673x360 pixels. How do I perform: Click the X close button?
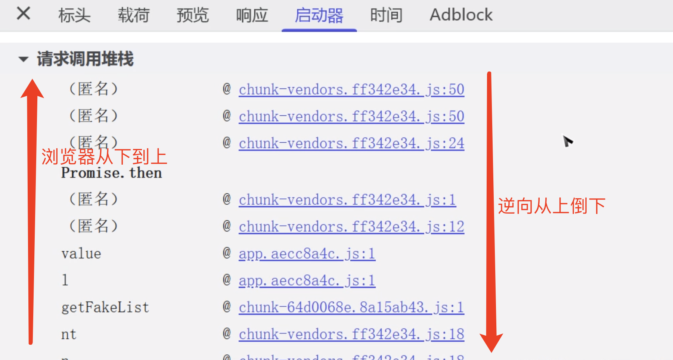click(x=23, y=14)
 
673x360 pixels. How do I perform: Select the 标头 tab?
click(x=74, y=15)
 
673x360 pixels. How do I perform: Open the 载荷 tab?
click(x=133, y=15)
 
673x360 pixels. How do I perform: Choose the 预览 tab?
click(x=192, y=15)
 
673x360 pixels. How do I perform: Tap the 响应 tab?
click(x=252, y=15)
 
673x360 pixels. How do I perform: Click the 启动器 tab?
click(x=319, y=15)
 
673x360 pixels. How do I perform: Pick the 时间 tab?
click(x=386, y=15)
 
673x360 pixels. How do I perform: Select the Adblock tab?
click(x=461, y=15)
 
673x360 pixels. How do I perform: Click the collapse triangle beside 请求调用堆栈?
click(x=24, y=59)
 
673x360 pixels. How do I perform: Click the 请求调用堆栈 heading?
click(x=85, y=59)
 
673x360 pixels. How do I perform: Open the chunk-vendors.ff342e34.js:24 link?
click(x=351, y=143)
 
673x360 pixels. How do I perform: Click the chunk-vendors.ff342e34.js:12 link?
click(x=351, y=227)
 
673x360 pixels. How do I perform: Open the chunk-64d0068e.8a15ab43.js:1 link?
click(x=351, y=307)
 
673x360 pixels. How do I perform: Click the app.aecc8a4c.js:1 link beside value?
click(x=307, y=254)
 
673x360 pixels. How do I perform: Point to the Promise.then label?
click(x=111, y=173)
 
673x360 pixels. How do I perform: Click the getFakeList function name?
click(x=105, y=307)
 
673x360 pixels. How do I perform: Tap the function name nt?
click(x=69, y=334)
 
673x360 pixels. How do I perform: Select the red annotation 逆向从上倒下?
click(x=551, y=206)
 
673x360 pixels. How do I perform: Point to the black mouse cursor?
click(x=567, y=141)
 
